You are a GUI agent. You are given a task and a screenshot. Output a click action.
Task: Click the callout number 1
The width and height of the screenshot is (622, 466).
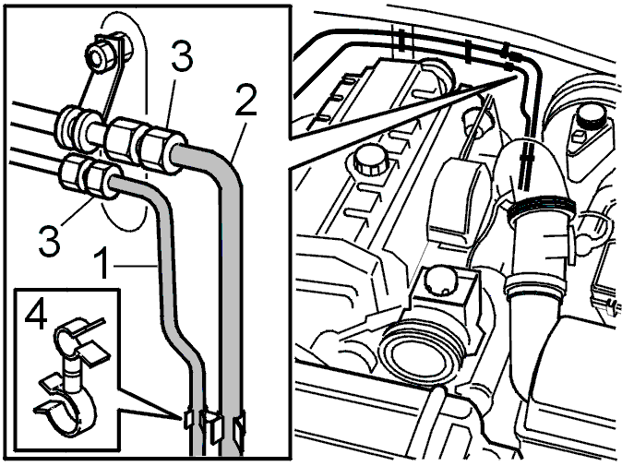(102, 263)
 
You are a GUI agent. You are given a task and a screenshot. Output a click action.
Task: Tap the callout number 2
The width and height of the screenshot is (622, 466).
(246, 100)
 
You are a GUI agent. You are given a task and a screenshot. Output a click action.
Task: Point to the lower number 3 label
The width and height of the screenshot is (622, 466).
(50, 240)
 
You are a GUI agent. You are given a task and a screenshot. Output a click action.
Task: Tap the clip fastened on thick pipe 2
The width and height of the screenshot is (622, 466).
(240, 425)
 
